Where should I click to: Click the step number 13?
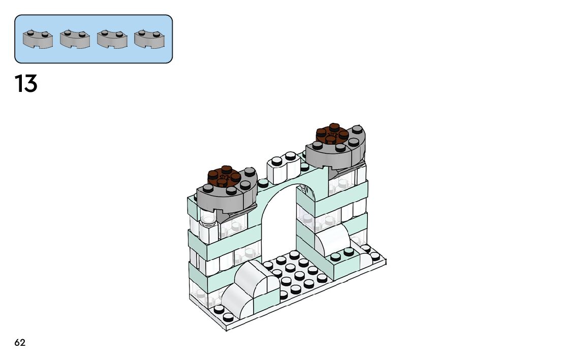(x=26, y=84)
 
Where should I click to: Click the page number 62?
(x=20, y=343)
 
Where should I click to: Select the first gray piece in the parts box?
(x=38, y=39)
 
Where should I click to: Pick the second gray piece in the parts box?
(x=75, y=39)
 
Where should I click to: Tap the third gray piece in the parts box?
(x=112, y=39)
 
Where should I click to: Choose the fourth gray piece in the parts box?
(x=149, y=39)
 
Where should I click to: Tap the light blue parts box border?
(x=93, y=16)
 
